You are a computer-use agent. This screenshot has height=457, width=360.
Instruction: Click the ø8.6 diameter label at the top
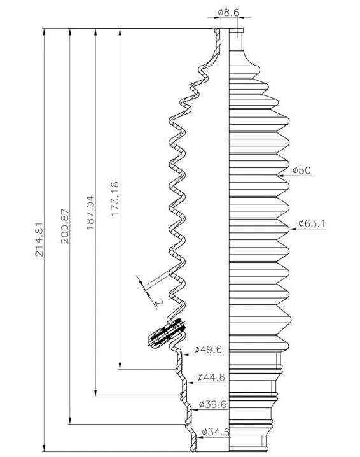(x=228, y=13)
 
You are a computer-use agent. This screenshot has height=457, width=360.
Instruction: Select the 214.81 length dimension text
(x=39, y=239)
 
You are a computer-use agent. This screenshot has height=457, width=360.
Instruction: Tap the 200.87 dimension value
(x=65, y=226)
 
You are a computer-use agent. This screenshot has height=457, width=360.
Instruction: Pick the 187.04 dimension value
(x=90, y=213)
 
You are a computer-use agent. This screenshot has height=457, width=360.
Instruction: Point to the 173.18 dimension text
(x=114, y=199)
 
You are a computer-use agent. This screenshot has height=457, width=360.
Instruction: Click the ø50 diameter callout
(x=301, y=170)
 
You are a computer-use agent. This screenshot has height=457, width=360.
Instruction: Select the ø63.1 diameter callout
(x=312, y=223)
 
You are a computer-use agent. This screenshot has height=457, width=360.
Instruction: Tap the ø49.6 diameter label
(x=208, y=349)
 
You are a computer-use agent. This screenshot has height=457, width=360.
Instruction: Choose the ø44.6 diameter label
(x=211, y=377)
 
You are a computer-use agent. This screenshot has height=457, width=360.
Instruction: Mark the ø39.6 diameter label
(x=212, y=405)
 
